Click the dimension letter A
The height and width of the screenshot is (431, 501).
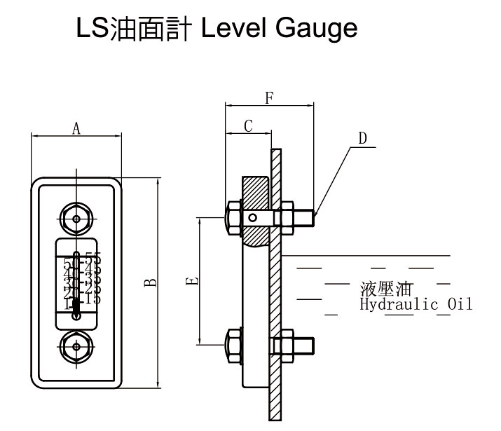click(x=76, y=128)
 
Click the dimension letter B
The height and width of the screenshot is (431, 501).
click(x=150, y=282)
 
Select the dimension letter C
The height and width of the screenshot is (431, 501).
click(x=247, y=125)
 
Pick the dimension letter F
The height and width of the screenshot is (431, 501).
click(x=269, y=97)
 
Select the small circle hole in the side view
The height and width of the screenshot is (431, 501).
click(x=252, y=218)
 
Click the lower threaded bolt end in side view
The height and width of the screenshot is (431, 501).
click(x=308, y=346)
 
